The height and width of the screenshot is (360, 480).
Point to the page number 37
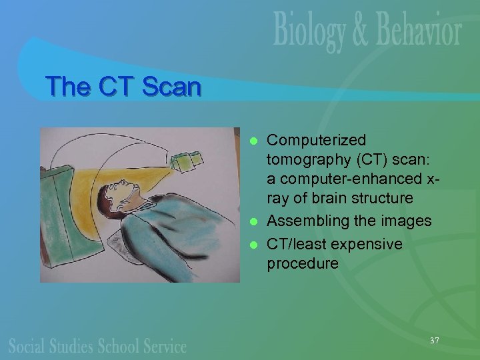(x=435, y=341)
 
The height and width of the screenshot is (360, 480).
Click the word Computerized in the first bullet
(x=316, y=141)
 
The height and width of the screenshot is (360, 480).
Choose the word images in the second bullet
(x=407, y=221)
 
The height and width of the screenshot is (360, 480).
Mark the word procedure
(x=302, y=263)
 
